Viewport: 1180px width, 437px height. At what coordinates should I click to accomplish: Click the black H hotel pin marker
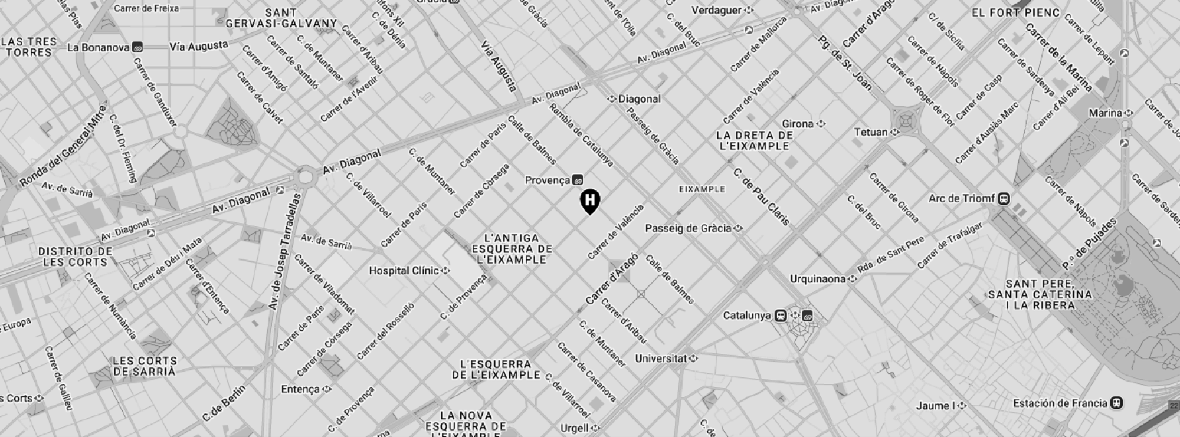point(589,201)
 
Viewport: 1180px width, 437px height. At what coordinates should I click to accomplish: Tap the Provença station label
point(548,180)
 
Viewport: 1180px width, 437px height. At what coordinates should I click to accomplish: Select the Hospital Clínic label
point(404,271)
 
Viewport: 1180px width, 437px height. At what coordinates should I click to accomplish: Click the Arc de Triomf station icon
point(1003,199)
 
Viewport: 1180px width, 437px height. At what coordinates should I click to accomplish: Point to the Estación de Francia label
point(1060,403)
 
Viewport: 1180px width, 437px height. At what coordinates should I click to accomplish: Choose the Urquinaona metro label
point(818,279)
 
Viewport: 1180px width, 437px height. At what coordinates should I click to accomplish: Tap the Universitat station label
point(661,358)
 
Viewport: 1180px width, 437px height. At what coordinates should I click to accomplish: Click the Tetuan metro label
point(871,132)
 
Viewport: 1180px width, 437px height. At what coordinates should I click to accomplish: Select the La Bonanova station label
point(98,47)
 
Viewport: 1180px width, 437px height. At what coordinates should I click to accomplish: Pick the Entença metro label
point(300,389)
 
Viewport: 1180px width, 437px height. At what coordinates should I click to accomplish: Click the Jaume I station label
point(935,406)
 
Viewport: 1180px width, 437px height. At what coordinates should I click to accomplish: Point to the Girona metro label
point(798,124)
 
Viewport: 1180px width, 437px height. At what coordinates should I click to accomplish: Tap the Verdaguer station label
point(716,10)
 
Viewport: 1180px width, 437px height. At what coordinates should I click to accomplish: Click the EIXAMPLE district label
point(702,189)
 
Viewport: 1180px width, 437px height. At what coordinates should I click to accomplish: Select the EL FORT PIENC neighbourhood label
point(1015,12)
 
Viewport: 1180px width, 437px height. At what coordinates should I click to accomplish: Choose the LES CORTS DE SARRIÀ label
point(145,366)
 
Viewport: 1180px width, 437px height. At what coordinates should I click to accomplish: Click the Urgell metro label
point(575,428)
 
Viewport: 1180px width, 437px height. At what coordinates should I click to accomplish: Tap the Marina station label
point(1105,113)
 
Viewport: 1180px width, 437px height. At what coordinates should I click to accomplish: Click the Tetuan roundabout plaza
point(907,121)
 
